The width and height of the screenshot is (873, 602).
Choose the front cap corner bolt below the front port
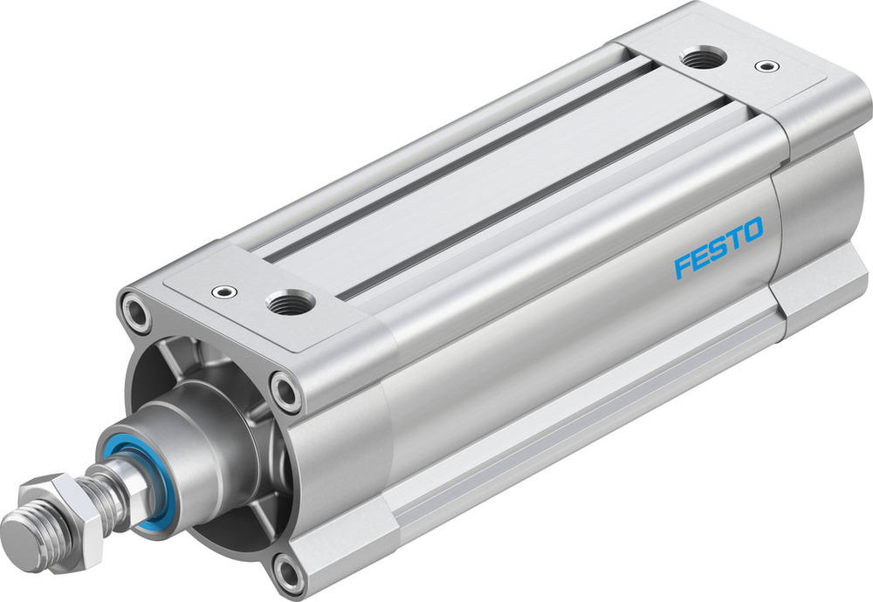point(285,389)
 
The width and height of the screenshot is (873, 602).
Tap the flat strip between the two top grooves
point(498,183)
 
